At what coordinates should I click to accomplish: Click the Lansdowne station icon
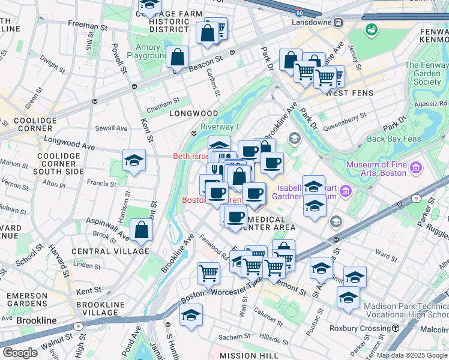[339, 22]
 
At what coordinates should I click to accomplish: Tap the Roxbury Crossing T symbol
[396, 328]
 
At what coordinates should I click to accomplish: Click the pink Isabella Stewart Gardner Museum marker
[345, 191]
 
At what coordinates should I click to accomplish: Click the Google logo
[19, 352]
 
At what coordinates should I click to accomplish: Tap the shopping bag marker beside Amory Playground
[178, 58]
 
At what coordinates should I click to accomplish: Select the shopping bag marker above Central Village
[140, 230]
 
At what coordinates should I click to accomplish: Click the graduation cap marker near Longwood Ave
[134, 160]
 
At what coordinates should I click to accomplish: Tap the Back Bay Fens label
[393, 139]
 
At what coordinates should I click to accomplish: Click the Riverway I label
[219, 127]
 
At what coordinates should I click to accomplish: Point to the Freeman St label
[88, 26]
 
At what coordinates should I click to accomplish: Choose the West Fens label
[349, 93]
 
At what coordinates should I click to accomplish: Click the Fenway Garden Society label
[427, 73]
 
